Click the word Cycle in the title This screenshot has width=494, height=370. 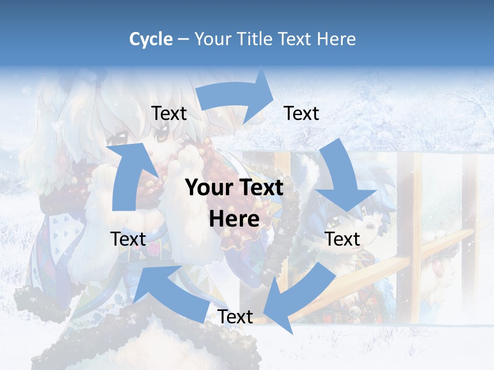pyautogui.click(x=151, y=39)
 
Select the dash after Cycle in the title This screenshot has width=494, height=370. pyautogui.click(x=183, y=40)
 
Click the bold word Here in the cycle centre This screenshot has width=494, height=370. pyautogui.click(x=234, y=219)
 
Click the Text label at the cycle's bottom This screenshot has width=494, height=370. pyautogui.click(x=235, y=317)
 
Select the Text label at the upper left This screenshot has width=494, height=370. pyautogui.click(x=169, y=113)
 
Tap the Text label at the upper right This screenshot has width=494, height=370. pyautogui.click(x=302, y=113)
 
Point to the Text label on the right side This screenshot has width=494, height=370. pyautogui.click(x=342, y=239)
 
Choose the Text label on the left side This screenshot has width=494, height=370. pyautogui.click(x=128, y=239)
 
